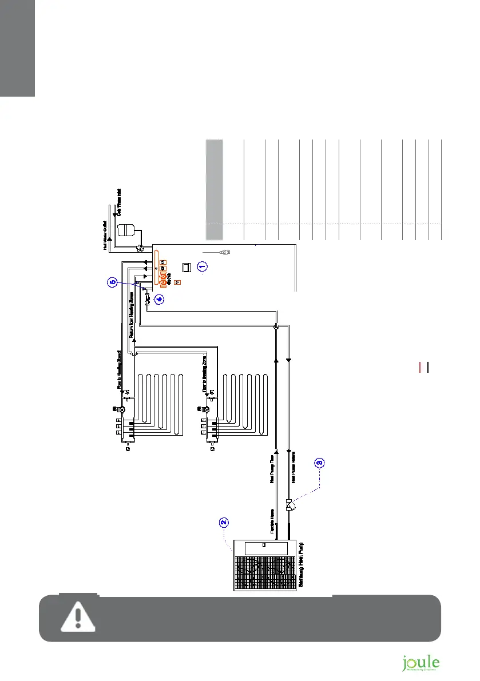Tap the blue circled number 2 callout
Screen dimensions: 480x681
[224, 521]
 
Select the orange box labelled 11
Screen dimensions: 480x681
[177, 282]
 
